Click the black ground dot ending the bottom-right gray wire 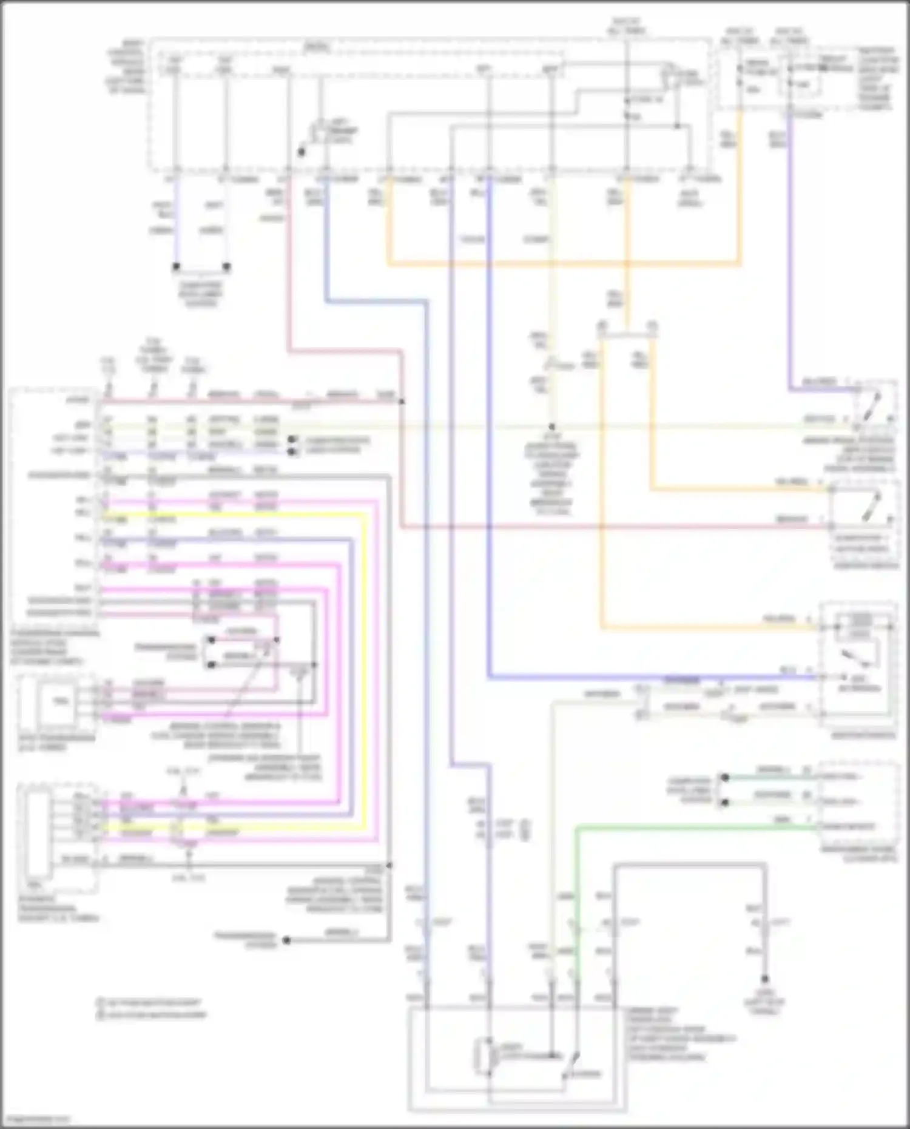tap(765, 979)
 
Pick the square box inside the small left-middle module tap(59, 702)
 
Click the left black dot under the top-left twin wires tap(176, 266)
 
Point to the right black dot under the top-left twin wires tap(226, 266)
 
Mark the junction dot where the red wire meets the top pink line tap(402, 402)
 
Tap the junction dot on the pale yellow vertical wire tap(551, 427)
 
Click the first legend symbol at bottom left tap(100, 1003)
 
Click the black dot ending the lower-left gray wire tap(287, 940)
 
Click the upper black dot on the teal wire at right tap(724, 777)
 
